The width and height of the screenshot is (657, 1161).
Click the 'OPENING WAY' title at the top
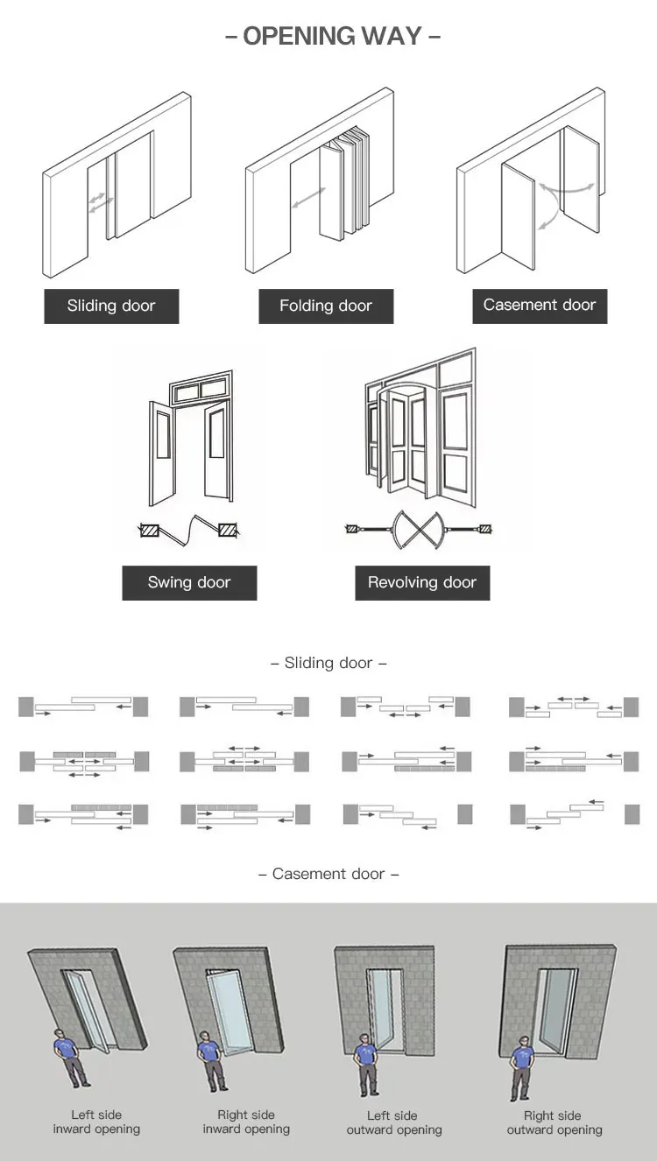click(332, 36)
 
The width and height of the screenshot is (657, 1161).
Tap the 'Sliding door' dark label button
click(111, 306)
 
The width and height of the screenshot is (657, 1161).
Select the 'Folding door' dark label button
click(326, 306)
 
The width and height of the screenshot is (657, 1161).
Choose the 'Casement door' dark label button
click(540, 306)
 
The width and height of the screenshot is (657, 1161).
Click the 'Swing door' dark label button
click(189, 583)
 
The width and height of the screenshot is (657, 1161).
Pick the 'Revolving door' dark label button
click(422, 583)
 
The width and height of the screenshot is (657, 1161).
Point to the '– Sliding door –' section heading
click(328, 663)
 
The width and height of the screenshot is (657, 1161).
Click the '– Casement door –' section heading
click(328, 874)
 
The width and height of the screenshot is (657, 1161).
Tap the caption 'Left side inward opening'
click(96, 1122)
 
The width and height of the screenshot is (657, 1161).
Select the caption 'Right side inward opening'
click(246, 1122)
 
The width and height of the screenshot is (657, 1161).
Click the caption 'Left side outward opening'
click(392, 1122)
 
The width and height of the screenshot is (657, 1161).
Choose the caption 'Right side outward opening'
click(554, 1122)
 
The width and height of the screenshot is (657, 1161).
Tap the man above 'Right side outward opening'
click(520, 1067)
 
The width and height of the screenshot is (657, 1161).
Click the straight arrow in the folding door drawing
click(304, 199)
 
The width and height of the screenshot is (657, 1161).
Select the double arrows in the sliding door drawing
click(99, 201)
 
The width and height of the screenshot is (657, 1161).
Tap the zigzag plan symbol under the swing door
click(189, 529)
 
